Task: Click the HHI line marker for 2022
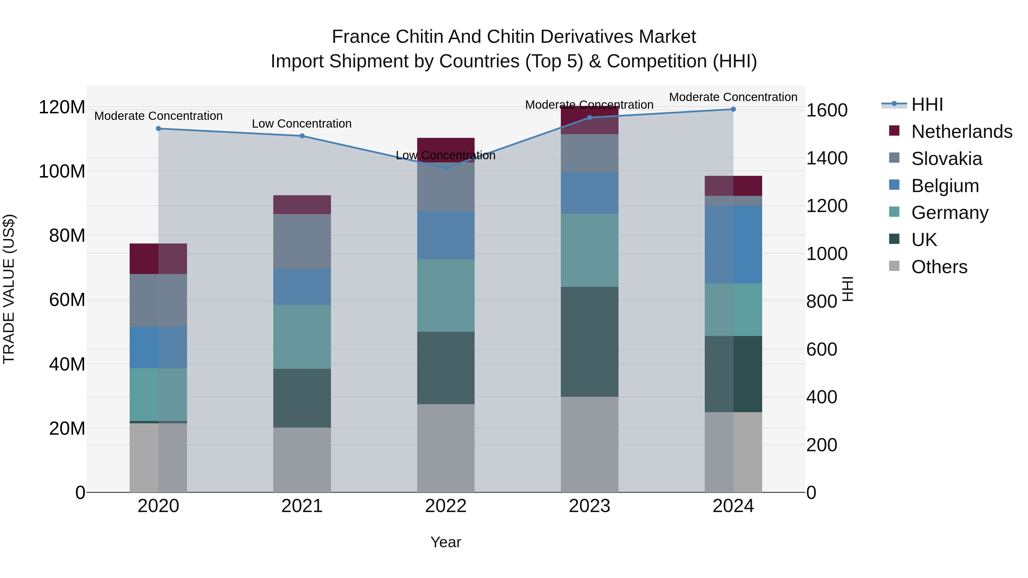click(x=446, y=168)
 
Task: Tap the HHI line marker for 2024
click(x=733, y=109)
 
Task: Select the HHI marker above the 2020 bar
click(x=158, y=128)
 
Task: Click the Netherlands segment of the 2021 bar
click(x=302, y=205)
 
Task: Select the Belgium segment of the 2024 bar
click(x=733, y=245)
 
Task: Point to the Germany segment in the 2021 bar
click(x=302, y=337)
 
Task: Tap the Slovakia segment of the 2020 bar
click(x=158, y=300)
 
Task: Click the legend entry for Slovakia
click(x=946, y=159)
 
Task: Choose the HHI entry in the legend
click(x=927, y=104)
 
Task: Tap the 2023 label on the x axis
click(x=589, y=506)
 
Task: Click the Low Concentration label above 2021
click(x=302, y=124)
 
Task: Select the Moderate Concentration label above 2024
click(x=733, y=97)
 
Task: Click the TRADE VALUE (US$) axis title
click(x=9, y=289)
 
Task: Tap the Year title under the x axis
click(x=446, y=542)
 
